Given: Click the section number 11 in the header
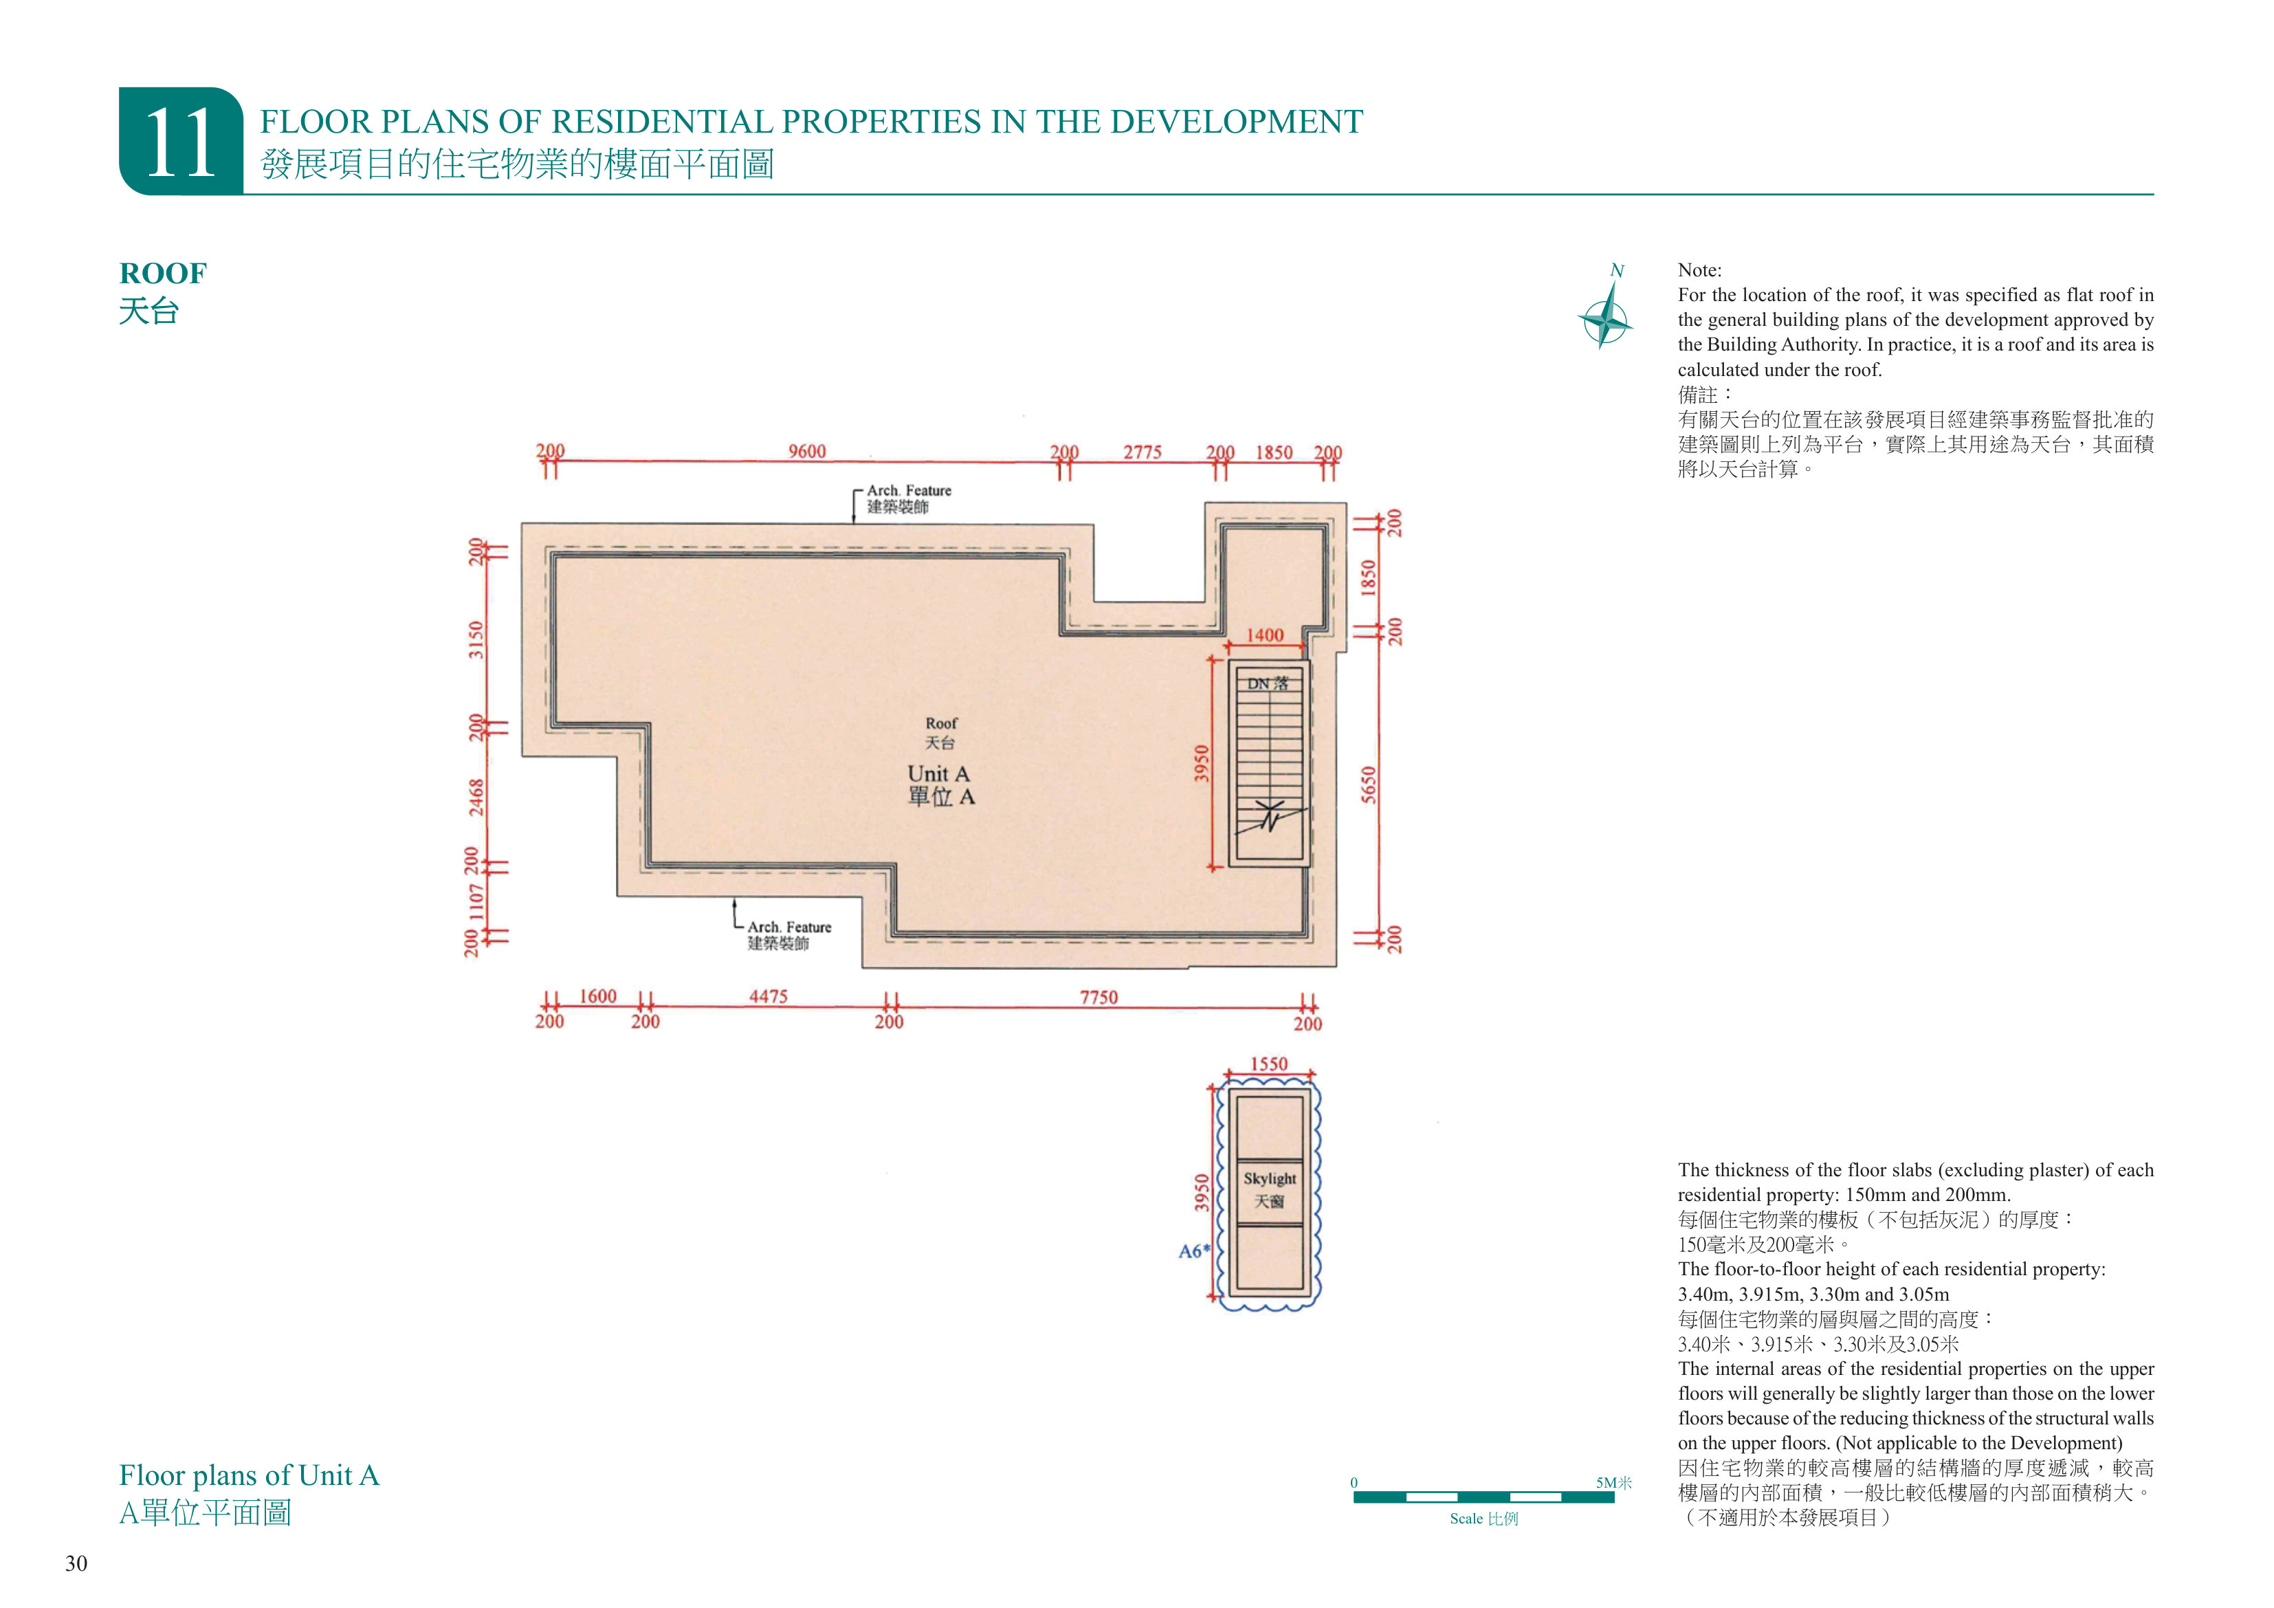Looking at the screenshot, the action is click(x=180, y=144).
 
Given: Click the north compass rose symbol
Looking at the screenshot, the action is click(x=1604, y=317).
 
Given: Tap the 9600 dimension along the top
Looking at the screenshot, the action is click(x=807, y=452).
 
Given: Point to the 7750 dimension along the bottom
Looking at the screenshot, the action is click(x=1099, y=998).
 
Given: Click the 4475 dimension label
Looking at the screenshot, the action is click(x=768, y=997).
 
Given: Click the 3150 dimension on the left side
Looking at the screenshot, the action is click(x=476, y=640).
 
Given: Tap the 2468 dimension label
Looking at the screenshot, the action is click(x=476, y=797).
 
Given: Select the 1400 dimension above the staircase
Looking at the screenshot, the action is click(x=1265, y=635).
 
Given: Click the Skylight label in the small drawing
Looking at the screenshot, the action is click(x=1270, y=1178).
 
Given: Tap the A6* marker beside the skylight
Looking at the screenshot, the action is click(x=1195, y=1251).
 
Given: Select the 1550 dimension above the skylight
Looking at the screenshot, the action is click(x=1269, y=1064).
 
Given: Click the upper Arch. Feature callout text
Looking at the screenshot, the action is click(x=909, y=490).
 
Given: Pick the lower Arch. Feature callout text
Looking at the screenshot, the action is click(x=789, y=927).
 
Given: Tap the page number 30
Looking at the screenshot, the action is click(x=76, y=1563).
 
